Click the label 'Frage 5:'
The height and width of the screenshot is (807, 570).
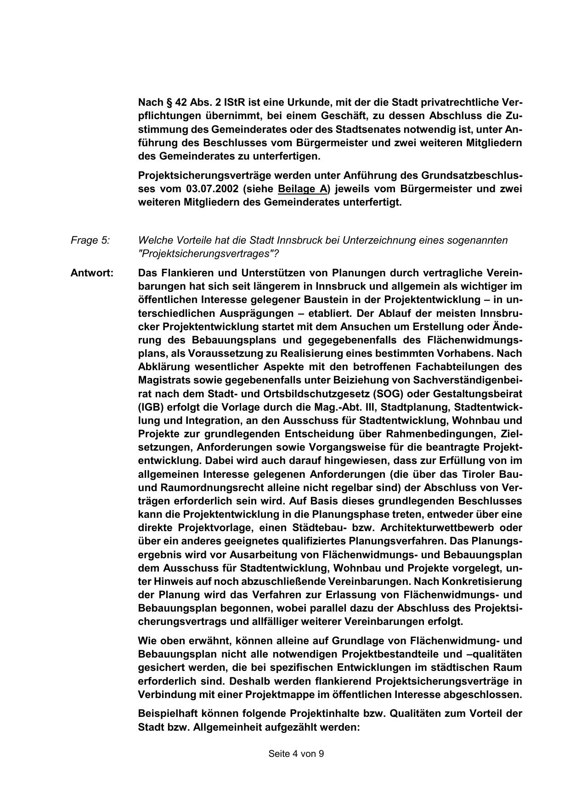90,240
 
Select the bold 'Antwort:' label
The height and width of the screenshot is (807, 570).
92,273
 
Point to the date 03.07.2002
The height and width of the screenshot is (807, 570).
213,189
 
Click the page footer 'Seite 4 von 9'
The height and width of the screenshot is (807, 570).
296,767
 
